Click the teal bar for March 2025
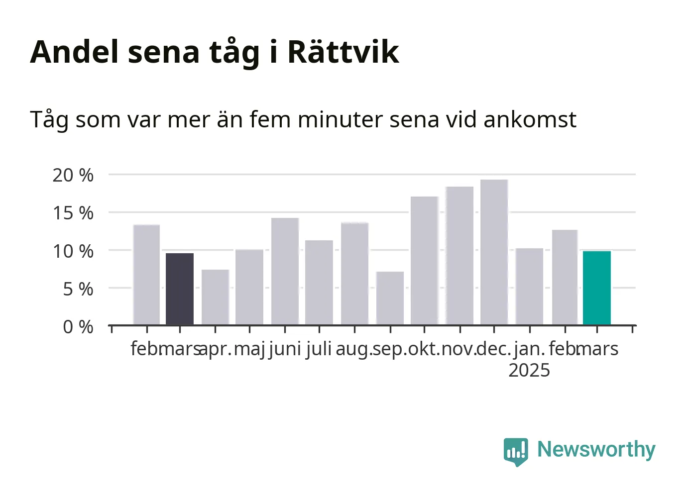[x=597, y=288]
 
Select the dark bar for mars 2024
[x=180, y=289]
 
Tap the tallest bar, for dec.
[x=494, y=252]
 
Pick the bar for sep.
[x=390, y=298]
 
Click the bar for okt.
[x=425, y=261]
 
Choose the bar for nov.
[x=460, y=256]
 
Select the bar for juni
[x=285, y=271]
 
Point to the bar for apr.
[x=215, y=297]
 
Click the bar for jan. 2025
[x=530, y=287]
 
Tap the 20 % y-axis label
[x=73, y=175]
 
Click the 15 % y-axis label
[x=73, y=213]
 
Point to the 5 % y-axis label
[x=78, y=289]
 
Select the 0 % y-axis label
[x=78, y=327]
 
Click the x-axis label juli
[x=319, y=349]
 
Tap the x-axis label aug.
[x=354, y=350]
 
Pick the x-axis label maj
[x=249, y=350]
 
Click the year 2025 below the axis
[x=529, y=370]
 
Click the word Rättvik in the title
[x=344, y=52]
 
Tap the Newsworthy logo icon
[x=516, y=452]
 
